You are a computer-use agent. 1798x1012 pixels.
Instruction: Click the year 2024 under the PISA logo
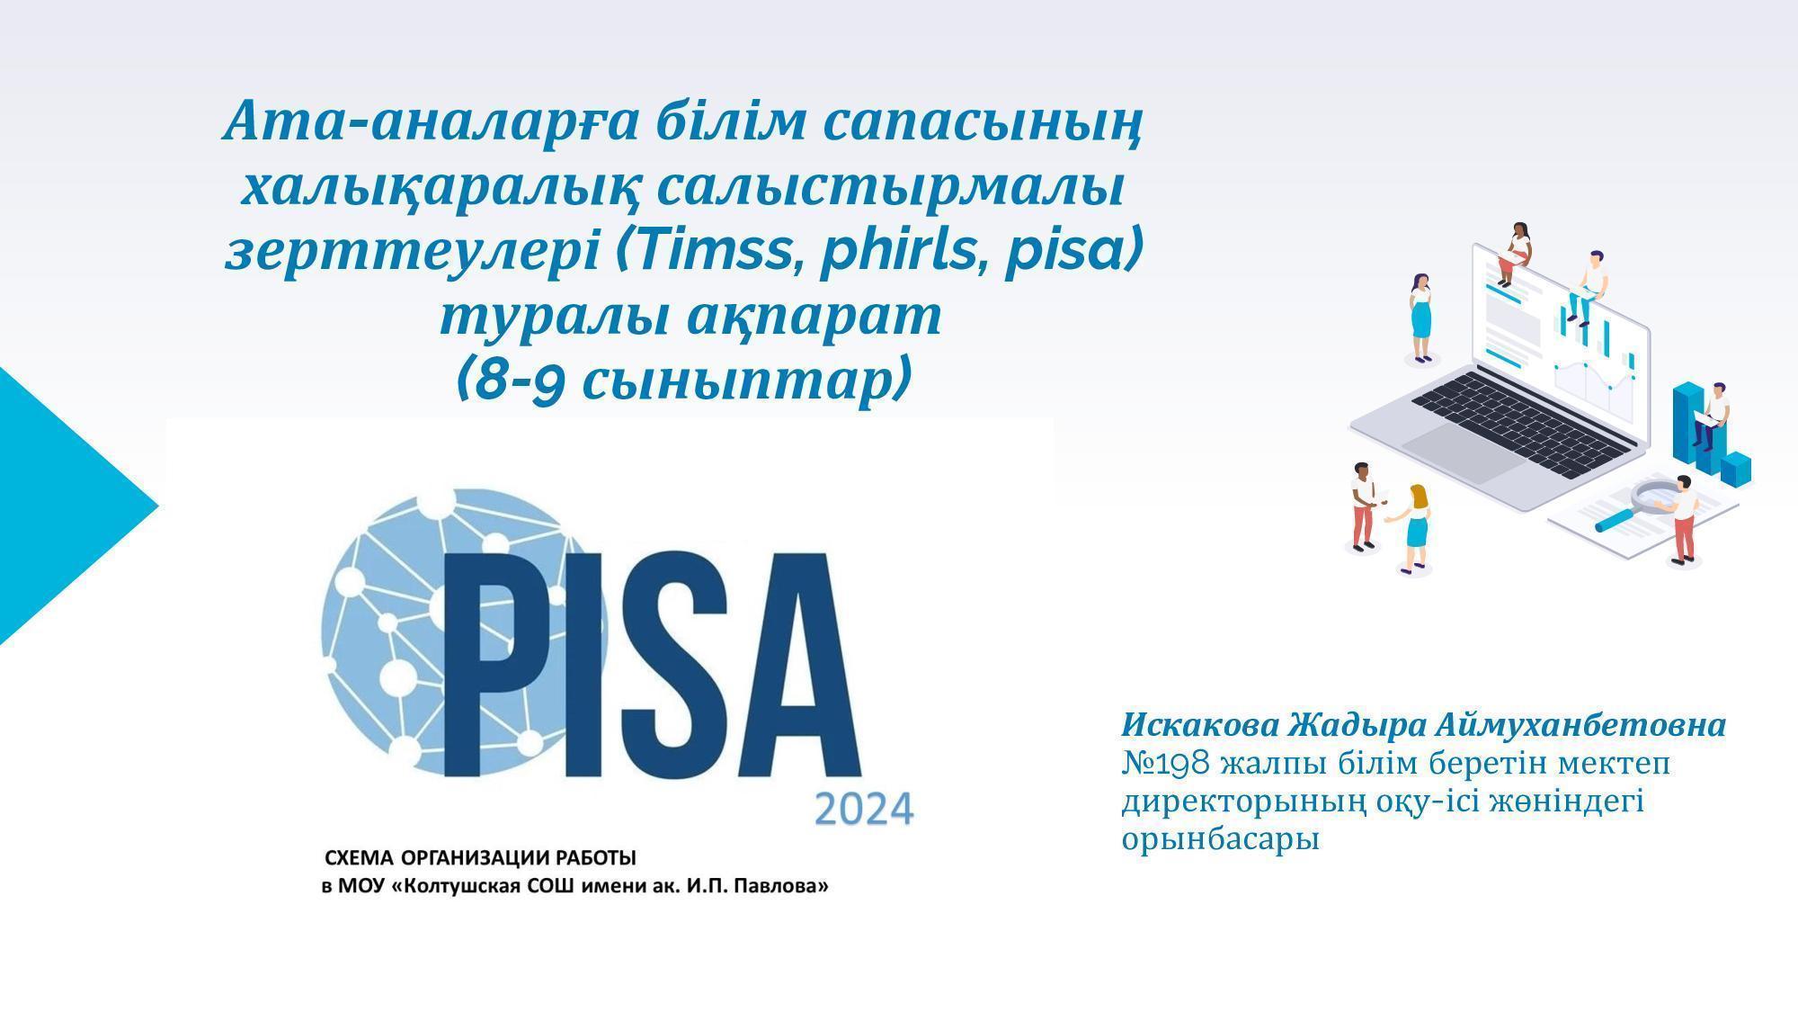[864, 809]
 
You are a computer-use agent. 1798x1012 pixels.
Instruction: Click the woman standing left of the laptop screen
[1420, 318]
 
